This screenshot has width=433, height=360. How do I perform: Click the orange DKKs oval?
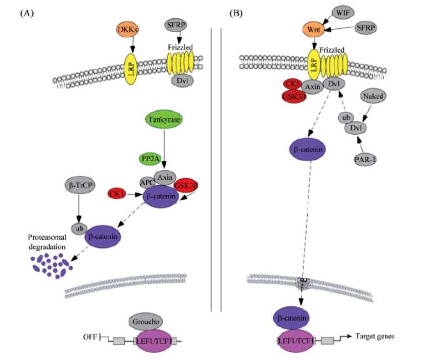[128, 29]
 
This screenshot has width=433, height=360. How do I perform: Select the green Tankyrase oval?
[164, 119]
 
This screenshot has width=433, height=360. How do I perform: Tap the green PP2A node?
[150, 159]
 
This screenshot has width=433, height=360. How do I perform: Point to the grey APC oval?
[147, 182]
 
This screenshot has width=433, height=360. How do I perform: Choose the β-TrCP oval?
[80, 185]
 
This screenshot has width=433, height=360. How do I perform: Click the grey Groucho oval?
[145, 322]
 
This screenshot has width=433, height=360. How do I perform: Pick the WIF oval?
[343, 12]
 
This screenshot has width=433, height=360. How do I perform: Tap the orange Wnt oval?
[314, 29]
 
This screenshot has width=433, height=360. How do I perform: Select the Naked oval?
[373, 96]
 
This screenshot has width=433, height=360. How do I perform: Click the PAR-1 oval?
[365, 159]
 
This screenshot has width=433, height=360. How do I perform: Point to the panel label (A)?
[27, 13]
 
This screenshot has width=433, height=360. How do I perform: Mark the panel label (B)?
[236, 13]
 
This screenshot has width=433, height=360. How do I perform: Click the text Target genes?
[375, 336]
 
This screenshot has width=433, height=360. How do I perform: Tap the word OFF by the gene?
[90, 337]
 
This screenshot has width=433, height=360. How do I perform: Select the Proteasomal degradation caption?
[47, 242]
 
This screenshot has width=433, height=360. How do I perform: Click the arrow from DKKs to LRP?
[133, 44]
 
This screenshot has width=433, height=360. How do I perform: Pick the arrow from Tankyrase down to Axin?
[164, 148]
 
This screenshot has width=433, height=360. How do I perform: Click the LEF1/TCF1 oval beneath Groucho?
[154, 341]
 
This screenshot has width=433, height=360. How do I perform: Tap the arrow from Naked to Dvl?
[366, 113]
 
